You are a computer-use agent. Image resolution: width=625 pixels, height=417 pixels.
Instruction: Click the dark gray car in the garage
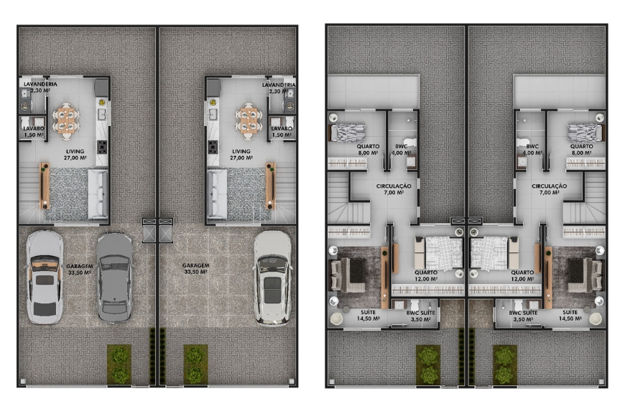pyautogui.click(x=114, y=278)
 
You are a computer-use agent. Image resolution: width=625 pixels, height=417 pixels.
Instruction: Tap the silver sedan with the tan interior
pyautogui.click(x=45, y=278)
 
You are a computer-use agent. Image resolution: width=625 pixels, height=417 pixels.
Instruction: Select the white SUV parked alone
pyautogui.click(x=273, y=278)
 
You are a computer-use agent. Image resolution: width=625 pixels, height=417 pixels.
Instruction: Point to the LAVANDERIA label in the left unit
pyautogui.click(x=40, y=84)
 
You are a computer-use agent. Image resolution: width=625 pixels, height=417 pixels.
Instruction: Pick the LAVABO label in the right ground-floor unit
pyautogui.click(x=282, y=129)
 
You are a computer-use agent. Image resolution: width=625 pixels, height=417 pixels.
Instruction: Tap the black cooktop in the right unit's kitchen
pyautogui.click(x=213, y=147)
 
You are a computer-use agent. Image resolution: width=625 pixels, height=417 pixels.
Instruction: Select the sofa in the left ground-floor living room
pyautogui.click(x=98, y=193)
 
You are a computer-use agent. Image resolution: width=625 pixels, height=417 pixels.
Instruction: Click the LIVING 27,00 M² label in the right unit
pyautogui.click(x=241, y=155)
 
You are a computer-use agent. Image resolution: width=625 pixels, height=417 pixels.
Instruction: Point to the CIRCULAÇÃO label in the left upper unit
pyautogui.click(x=394, y=186)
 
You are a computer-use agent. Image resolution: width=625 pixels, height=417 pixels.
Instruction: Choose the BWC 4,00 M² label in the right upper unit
pyautogui.click(x=532, y=150)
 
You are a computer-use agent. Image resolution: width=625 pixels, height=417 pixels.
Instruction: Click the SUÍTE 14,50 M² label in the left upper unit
pyautogui.click(x=369, y=316)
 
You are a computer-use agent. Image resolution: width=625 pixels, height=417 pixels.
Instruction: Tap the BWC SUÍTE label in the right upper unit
pyautogui.click(x=523, y=313)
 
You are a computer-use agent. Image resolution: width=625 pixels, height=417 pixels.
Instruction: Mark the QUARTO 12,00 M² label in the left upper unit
pyautogui.click(x=426, y=276)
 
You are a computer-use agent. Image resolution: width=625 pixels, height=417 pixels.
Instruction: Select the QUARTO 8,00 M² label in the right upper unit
pyautogui.click(x=582, y=150)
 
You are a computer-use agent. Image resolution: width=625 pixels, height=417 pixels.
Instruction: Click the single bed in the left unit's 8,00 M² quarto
pyautogui.click(x=347, y=133)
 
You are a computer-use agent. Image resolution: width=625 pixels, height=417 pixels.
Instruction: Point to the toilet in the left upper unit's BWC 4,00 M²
pyautogui.click(x=409, y=142)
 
